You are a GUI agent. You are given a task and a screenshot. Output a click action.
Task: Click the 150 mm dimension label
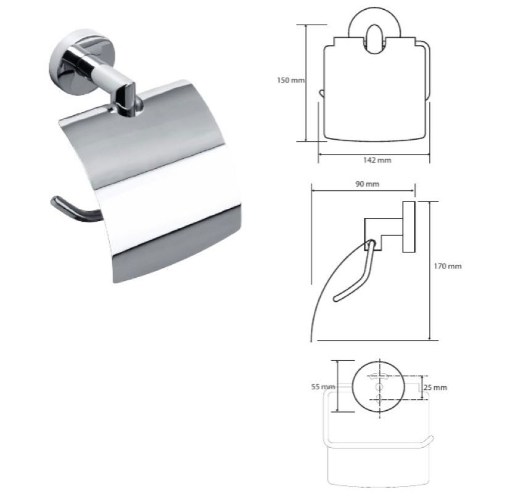click(290, 80)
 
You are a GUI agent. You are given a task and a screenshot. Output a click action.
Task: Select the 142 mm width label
click(377, 160)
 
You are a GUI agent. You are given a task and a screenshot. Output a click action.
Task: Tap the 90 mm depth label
click(367, 184)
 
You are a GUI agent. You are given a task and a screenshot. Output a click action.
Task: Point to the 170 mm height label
click(448, 266)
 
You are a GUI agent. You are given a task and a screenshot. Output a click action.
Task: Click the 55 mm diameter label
click(323, 386)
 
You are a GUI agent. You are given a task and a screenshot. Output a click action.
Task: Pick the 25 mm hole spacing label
click(435, 387)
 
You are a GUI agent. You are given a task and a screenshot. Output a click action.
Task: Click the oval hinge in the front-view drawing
click(374, 39)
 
